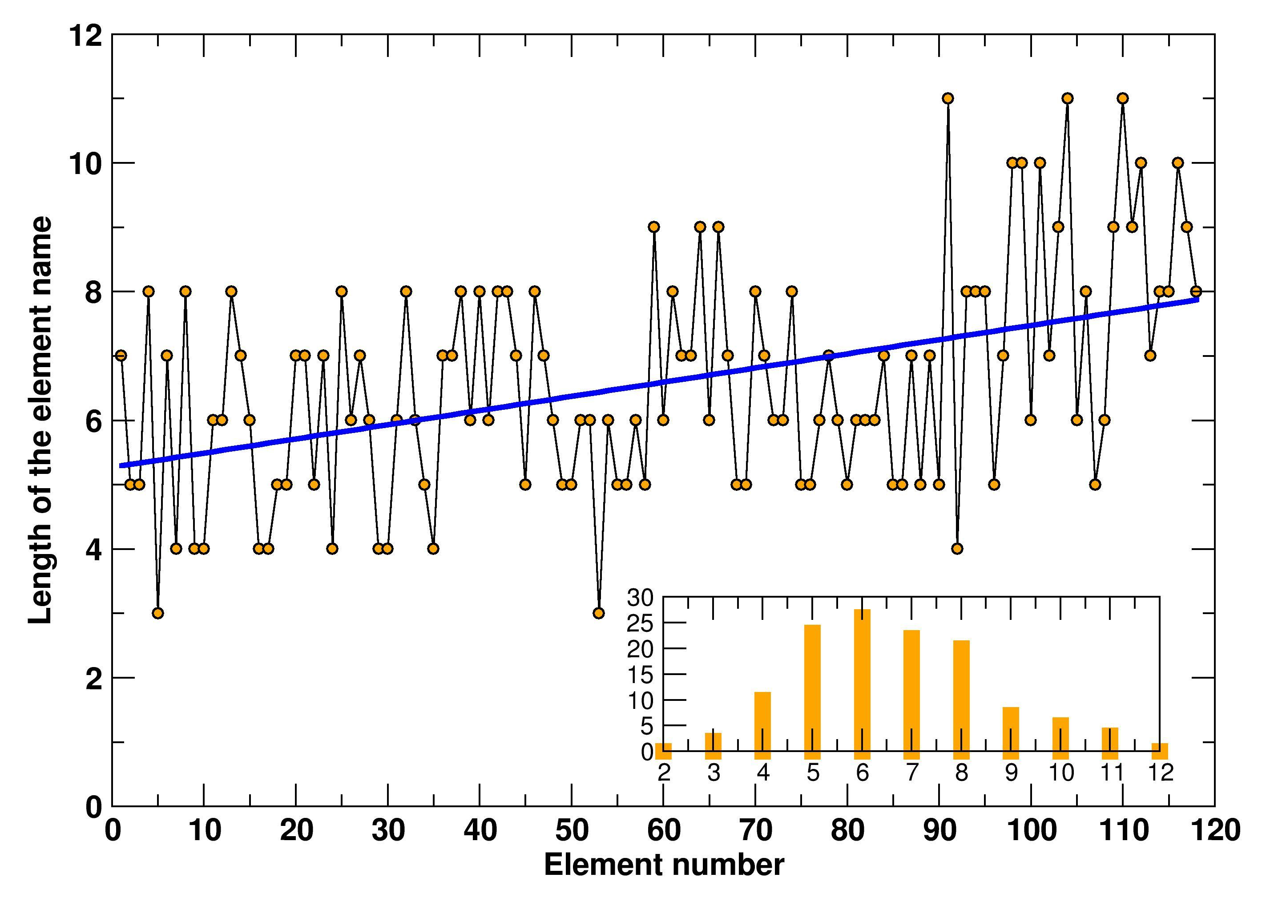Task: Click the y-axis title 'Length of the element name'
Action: click(x=40, y=421)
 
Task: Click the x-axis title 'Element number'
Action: click(x=664, y=864)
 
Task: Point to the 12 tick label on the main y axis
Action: click(x=86, y=36)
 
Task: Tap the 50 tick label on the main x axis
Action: click(x=572, y=830)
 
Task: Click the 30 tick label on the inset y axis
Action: click(x=640, y=598)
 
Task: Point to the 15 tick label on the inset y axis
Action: click(x=640, y=675)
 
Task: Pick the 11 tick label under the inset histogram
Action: click(x=1111, y=773)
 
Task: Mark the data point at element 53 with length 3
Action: click(x=598, y=613)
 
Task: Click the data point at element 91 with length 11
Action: click(x=948, y=98)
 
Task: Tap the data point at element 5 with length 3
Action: click(x=157, y=613)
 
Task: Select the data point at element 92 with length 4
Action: click(x=957, y=548)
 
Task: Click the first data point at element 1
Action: click(x=121, y=355)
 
